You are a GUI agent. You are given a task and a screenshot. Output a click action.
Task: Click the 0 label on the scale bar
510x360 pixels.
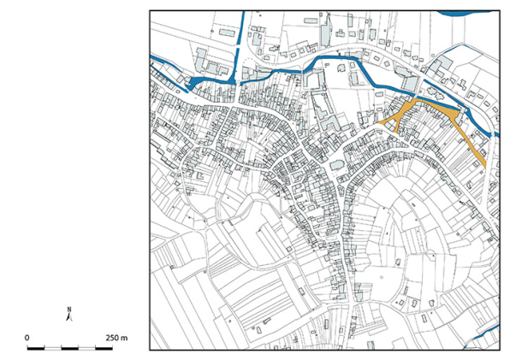pyautogui.click(x=27, y=339)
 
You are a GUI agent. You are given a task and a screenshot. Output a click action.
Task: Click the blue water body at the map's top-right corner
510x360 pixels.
pyautogui.click(x=466, y=13)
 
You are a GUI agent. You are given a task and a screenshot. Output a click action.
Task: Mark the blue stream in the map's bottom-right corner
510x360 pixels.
pyautogui.click(x=481, y=337)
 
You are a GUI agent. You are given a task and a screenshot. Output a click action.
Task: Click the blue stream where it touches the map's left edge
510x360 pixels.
pyautogui.click(x=153, y=58)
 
